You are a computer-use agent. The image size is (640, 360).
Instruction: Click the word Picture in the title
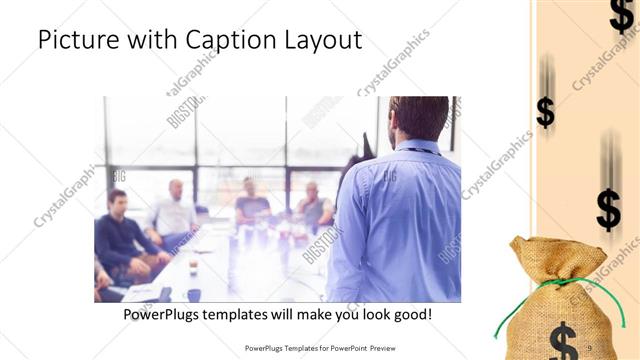click(x=77, y=41)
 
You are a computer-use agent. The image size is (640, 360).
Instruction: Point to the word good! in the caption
click(x=410, y=314)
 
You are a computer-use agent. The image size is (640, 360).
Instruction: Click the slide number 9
click(x=589, y=347)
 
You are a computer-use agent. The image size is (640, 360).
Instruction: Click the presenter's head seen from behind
click(x=418, y=118)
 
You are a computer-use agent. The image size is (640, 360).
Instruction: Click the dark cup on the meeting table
click(x=193, y=295)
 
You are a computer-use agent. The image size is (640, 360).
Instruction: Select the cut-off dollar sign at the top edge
click(x=620, y=14)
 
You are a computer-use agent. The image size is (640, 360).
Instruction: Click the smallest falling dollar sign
click(x=545, y=110)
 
